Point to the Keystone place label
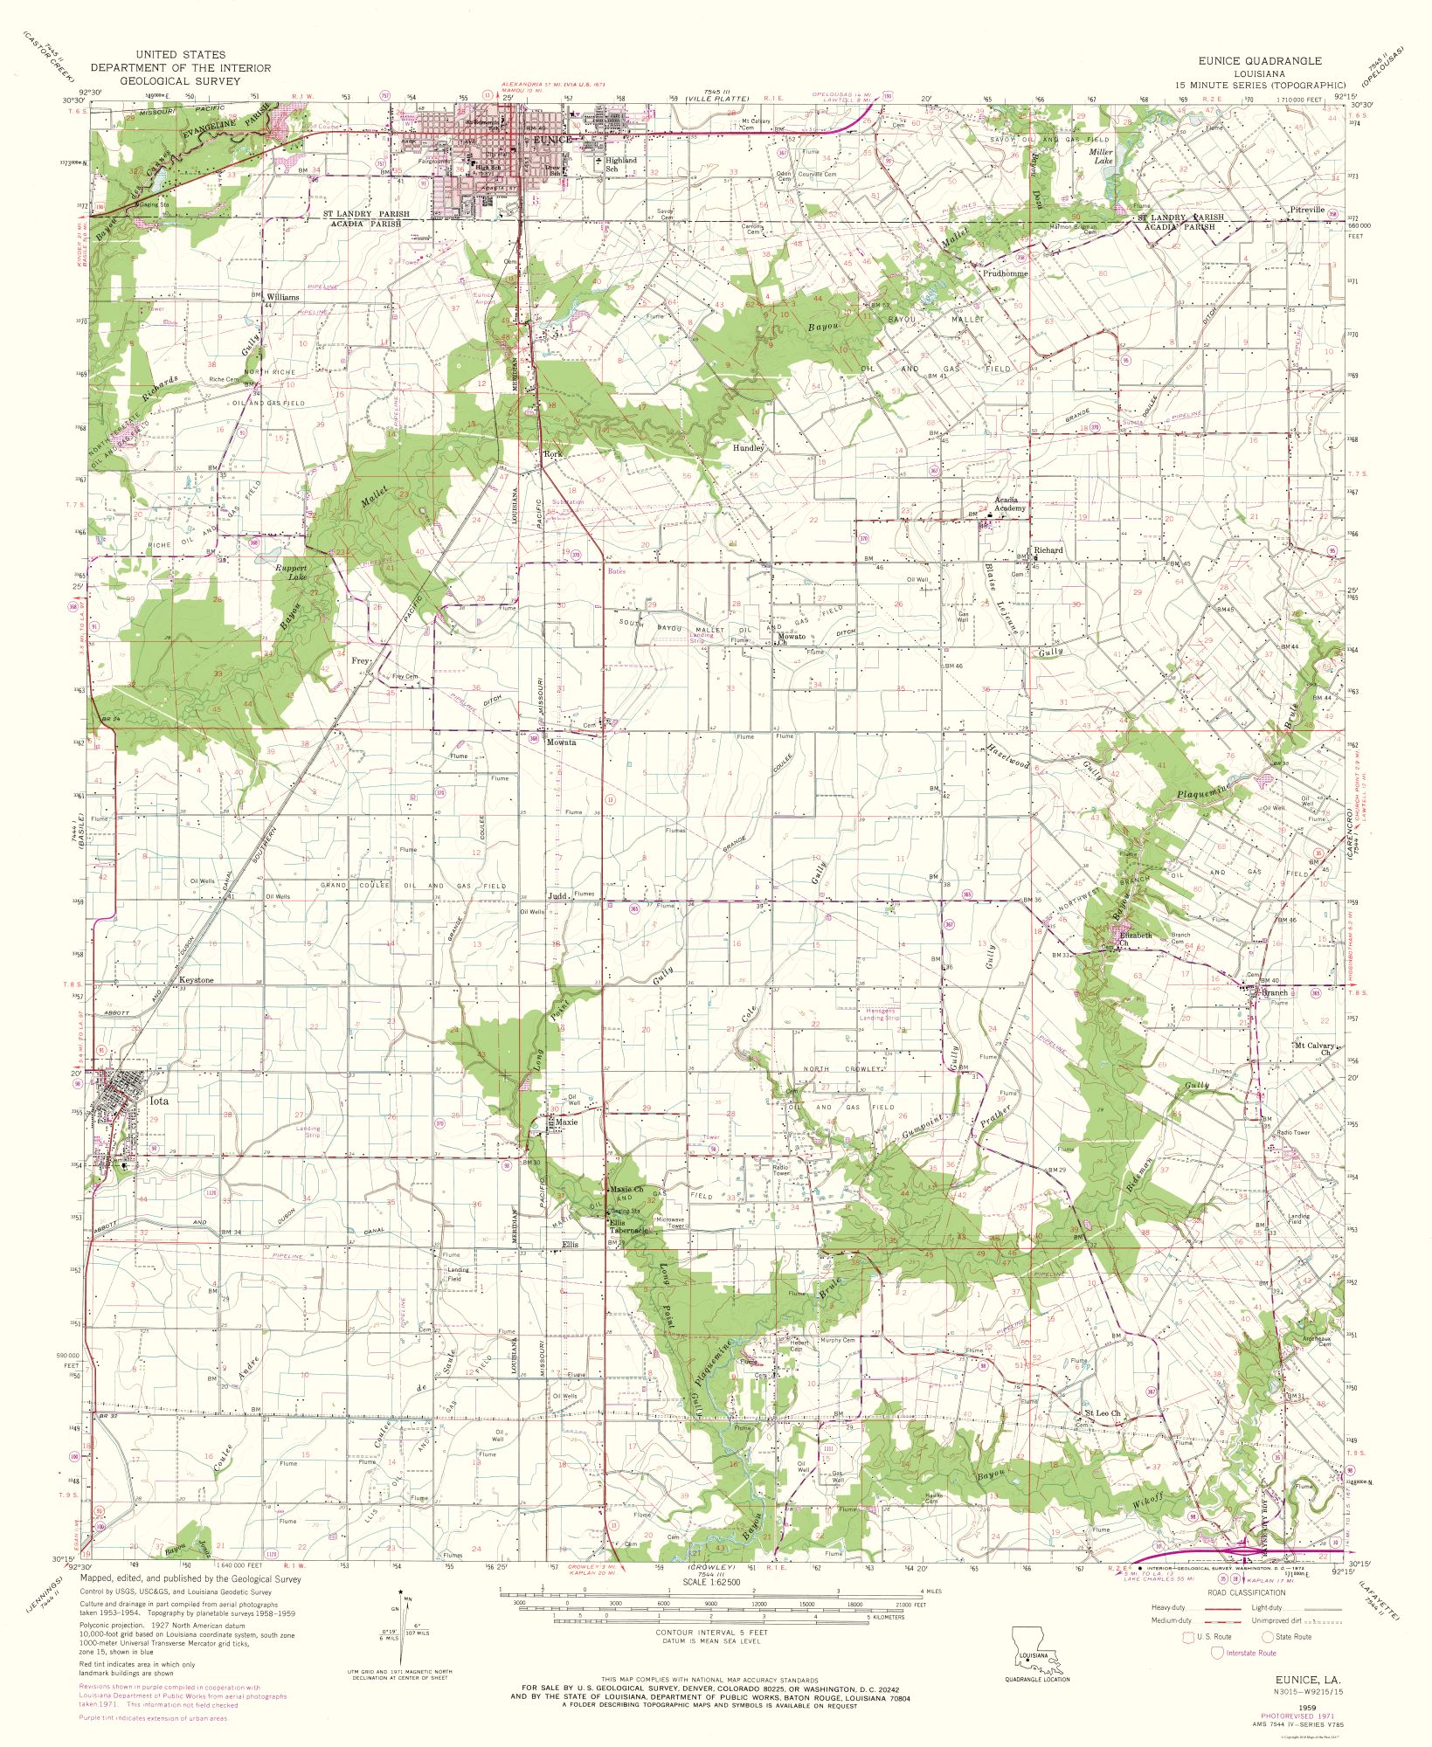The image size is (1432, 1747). click(x=196, y=980)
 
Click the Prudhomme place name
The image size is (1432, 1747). click(x=1005, y=273)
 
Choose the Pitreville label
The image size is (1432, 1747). click(x=1306, y=210)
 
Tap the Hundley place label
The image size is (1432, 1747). click(x=748, y=447)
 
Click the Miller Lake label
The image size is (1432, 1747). click(x=1101, y=156)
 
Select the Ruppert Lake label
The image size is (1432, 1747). click(x=292, y=572)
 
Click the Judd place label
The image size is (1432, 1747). click(x=557, y=896)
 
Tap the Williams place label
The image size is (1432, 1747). click(x=283, y=297)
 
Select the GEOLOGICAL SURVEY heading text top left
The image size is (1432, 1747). click(x=181, y=80)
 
